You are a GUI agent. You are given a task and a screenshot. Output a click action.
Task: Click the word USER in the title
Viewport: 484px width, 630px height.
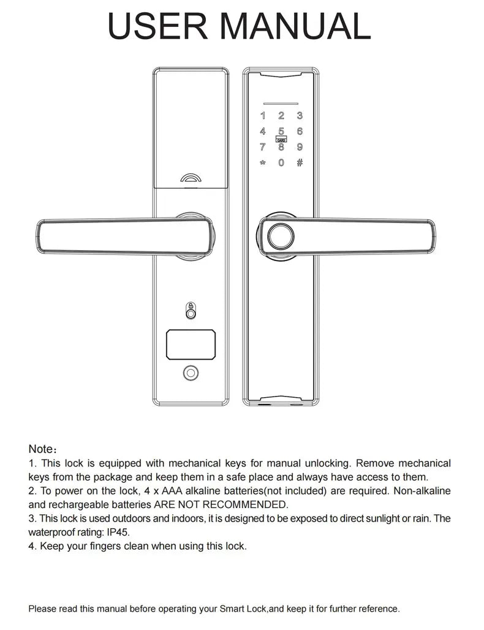coord(157,25)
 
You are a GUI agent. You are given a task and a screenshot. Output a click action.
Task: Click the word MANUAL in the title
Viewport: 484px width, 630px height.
coord(295,25)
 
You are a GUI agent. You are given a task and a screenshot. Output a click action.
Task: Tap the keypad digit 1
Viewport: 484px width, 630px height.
coord(263,115)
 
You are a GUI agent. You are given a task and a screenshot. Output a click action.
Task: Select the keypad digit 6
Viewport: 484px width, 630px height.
coord(300,131)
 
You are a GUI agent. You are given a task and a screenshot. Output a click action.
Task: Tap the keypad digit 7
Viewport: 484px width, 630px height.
coord(263,147)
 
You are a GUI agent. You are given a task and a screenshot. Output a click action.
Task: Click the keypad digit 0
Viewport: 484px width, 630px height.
coord(281,163)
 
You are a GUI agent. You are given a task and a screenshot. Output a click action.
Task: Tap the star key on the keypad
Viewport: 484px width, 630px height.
coord(263,163)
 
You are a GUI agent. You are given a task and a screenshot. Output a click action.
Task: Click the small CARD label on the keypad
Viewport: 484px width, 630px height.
coord(281,140)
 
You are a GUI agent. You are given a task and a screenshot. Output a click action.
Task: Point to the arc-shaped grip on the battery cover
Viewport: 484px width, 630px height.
coord(191,179)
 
